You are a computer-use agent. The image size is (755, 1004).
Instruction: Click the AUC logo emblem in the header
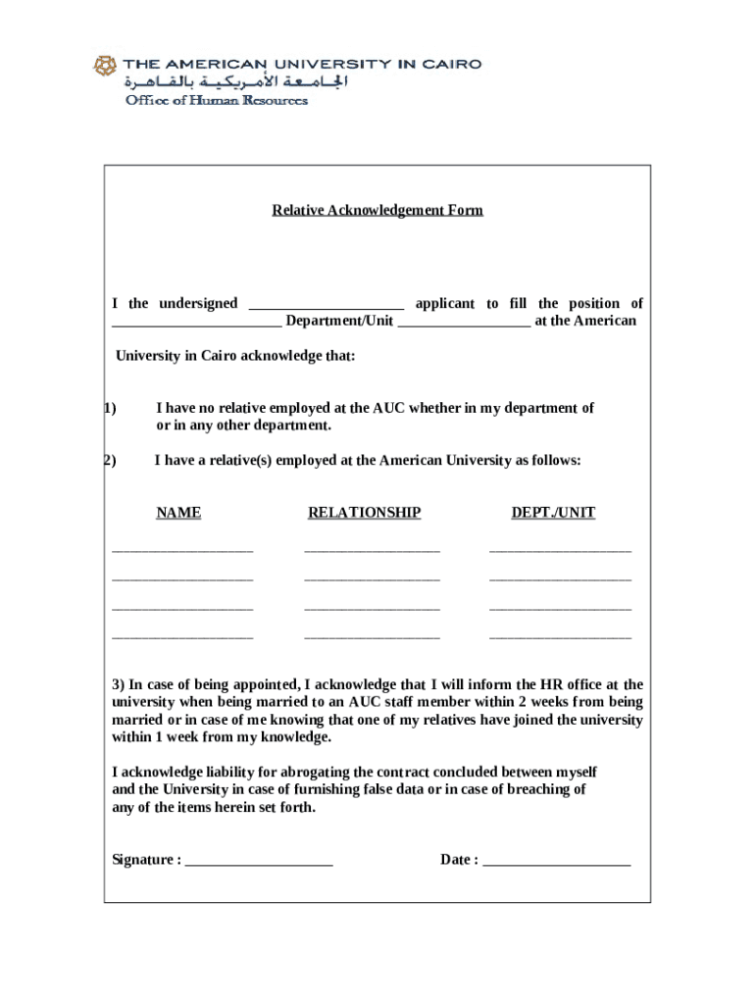(x=105, y=66)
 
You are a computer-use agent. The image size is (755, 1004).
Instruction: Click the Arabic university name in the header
(x=235, y=82)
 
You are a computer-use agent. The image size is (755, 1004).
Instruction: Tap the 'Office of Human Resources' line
(x=215, y=100)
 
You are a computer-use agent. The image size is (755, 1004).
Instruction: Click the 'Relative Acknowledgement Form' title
(x=377, y=210)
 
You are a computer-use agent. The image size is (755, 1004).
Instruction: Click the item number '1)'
(x=110, y=408)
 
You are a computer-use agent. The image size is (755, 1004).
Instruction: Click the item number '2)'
(x=110, y=460)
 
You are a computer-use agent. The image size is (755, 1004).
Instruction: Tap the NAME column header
(x=178, y=512)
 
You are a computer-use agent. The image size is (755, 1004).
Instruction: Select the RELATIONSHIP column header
(x=364, y=512)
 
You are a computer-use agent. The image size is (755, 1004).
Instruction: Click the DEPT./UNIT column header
(x=553, y=512)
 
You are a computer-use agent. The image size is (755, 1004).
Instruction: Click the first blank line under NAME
(x=182, y=550)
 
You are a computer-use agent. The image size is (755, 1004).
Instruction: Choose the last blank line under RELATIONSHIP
(x=372, y=638)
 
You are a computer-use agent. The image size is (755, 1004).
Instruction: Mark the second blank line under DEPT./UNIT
(x=560, y=579)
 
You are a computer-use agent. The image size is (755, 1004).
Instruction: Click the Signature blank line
(x=259, y=863)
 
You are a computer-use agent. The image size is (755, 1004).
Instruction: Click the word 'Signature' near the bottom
(x=143, y=860)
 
